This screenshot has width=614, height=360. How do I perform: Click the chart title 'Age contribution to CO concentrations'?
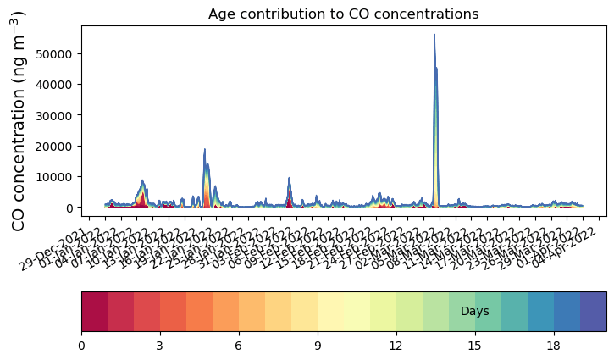click(344, 14)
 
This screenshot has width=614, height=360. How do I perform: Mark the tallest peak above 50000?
click(434, 36)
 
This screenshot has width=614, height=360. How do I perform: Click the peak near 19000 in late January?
click(204, 150)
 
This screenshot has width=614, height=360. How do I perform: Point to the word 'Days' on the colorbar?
click(475, 312)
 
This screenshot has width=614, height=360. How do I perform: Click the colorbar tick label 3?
click(160, 346)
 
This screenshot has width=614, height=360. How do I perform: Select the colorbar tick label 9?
click(317, 346)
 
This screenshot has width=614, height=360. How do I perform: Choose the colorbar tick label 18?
click(554, 346)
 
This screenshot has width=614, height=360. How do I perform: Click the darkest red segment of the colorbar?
click(94, 311)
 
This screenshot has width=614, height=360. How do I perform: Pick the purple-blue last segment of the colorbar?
click(594, 311)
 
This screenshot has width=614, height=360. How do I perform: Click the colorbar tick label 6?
click(239, 346)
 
